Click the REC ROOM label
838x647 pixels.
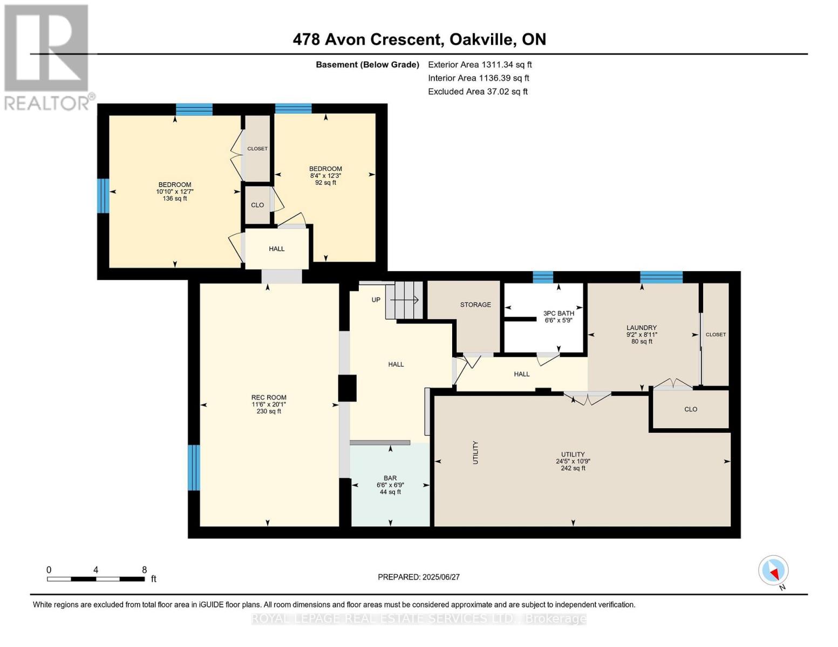pyautogui.click(x=269, y=404)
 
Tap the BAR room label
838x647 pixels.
pyautogui.click(x=390, y=485)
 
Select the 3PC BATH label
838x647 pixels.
pyautogui.click(x=558, y=316)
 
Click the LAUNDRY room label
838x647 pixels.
pyautogui.click(x=642, y=334)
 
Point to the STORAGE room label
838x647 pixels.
pyautogui.click(x=475, y=305)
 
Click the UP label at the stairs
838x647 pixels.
pyautogui.click(x=376, y=300)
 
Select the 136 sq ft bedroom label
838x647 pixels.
pyautogui.click(x=175, y=191)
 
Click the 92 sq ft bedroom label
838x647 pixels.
pyautogui.click(x=325, y=175)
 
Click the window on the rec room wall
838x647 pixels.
pyautogui.click(x=194, y=467)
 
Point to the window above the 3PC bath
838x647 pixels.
pyautogui.click(x=543, y=277)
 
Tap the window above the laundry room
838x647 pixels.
pyautogui.click(x=661, y=277)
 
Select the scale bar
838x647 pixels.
pyautogui.click(x=96, y=579)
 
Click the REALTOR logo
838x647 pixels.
pyautogui.click(x=47, y=57)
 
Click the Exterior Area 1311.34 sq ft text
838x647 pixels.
pyautogui.click(x=480, y=65)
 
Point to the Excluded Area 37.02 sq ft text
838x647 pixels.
pyautogui.click(x=478, y=92)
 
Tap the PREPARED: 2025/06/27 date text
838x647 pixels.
pyautogui.click(x=419, y=577)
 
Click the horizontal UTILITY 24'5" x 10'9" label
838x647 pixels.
pyautogui.click(x=573, y=462)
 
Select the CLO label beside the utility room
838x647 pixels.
pyautogui.click(x=691, y=409)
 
